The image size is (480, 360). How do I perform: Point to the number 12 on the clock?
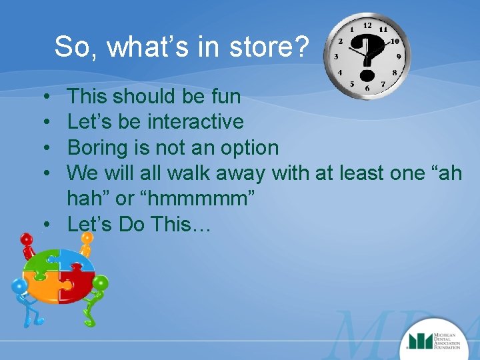pos(367,25)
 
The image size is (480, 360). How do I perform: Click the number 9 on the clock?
pos(399,57)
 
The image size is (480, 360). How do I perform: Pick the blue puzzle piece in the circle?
pos(73,260)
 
